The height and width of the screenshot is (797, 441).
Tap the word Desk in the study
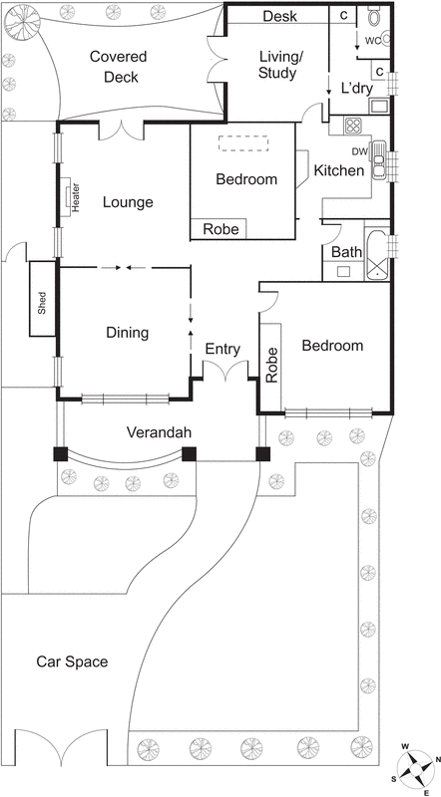pyautogui.click(x=279, y=16)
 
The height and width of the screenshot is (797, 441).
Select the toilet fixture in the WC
pyautogui.click(x=376, y=18)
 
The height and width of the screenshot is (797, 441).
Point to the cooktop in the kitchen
pyautogui.click(x=355, y=126)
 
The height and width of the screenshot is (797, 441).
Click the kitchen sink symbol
pyautogui.click(x=379, y=164)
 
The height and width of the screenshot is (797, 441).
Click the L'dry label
pyautogui.click(x=357, y=88)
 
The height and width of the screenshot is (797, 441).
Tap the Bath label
pyautogui.click(x=346, y=252)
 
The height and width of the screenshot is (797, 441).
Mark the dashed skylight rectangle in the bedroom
pyautogui.click(x=245, y=143)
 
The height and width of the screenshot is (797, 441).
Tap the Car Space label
pyautogui.click(x=72, y=662)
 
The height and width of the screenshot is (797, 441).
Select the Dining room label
pyautogui.click(x=127, y=333)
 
